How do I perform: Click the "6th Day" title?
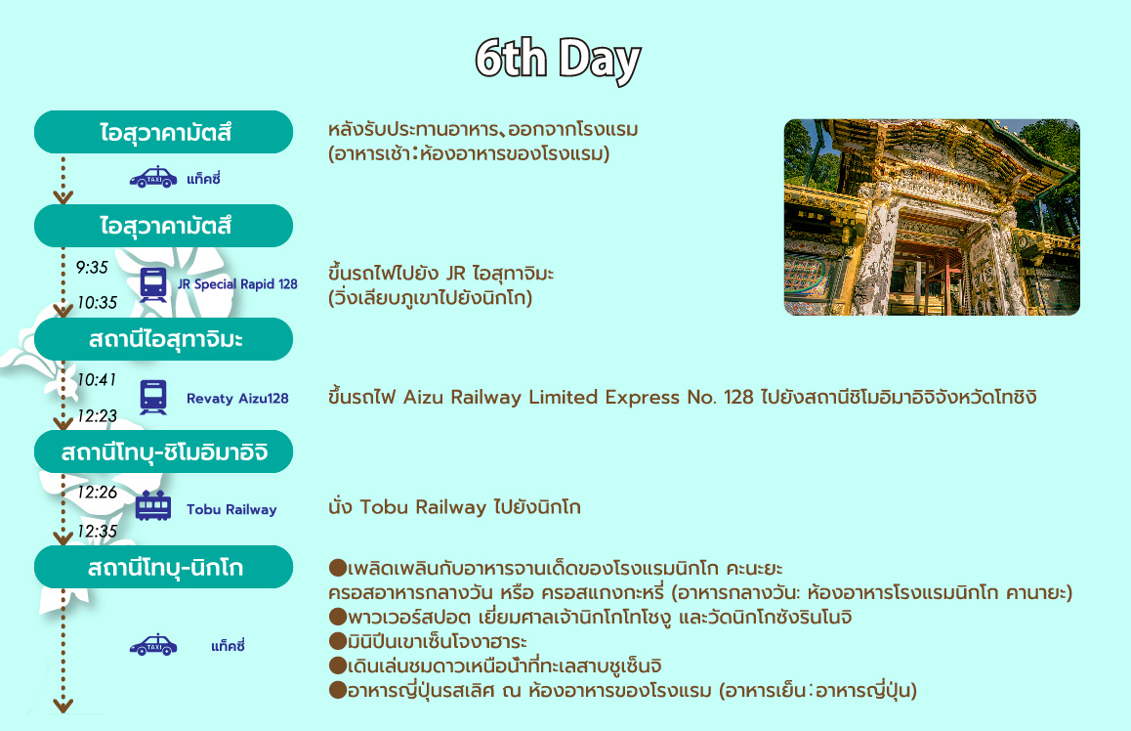(558, 60)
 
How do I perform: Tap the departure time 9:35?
(92, 268)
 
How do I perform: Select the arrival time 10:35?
(97, 303)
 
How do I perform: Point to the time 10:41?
(96, 379)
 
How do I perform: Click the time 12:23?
(97, 415)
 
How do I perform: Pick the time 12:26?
(97, 493)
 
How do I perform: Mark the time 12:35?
(97, 532)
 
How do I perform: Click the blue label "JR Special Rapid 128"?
(237, 284)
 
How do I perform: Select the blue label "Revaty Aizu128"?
(237, 399)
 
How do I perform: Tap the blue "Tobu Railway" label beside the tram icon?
(231, 509)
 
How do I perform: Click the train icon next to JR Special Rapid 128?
(153, 284)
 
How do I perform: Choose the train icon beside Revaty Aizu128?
(153, 397)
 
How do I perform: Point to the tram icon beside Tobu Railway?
(153, 506)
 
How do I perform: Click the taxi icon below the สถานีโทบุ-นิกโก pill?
(153, 645)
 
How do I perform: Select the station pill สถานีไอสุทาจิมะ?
(164, 339)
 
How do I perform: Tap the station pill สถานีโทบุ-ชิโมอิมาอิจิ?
(164, 451)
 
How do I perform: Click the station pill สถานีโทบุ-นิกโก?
(164, 567)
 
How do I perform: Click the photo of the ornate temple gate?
(932, 217)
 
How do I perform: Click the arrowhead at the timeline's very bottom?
(63, 706)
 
